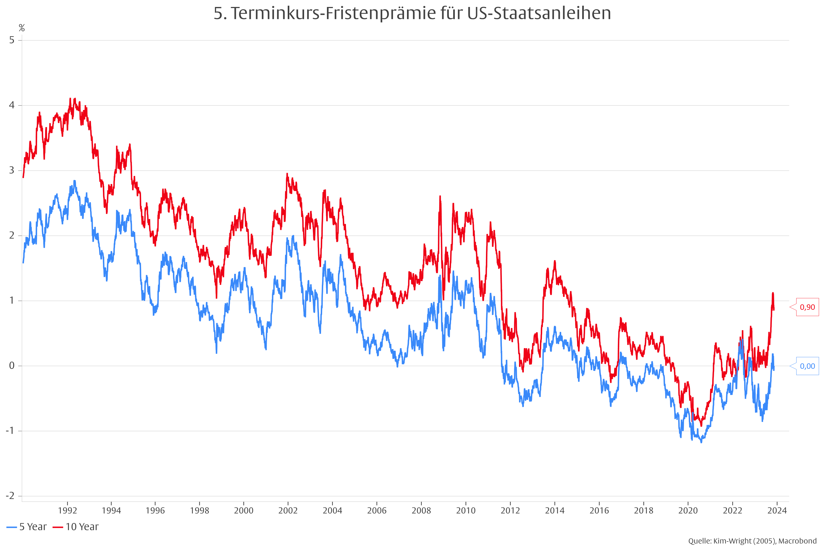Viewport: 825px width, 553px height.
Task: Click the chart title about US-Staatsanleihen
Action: [x=412, y=13]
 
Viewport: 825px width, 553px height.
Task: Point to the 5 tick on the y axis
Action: [x=12, y=40]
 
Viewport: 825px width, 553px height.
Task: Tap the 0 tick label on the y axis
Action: [x=12, y=366]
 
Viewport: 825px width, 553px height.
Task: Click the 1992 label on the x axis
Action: [x=67, y=510]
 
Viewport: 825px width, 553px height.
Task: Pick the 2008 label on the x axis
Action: [x=421, y=510]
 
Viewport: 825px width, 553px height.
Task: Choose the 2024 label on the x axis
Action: [x=777, y=510]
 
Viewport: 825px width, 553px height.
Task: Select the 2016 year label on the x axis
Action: [x=599, y=510]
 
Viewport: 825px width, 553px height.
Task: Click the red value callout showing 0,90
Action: [x=807, y=307]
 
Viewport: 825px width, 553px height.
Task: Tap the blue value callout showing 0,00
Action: [x=807, y=366]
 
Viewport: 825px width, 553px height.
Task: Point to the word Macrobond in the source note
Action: [x=797, y=541]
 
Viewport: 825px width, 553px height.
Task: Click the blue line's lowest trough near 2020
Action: [x=701, y=442]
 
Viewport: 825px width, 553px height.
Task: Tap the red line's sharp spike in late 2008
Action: [x=440, y=196]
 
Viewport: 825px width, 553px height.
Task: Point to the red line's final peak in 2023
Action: [x=773, y=293]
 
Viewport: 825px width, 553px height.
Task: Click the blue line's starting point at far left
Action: [x=23, y=262]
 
